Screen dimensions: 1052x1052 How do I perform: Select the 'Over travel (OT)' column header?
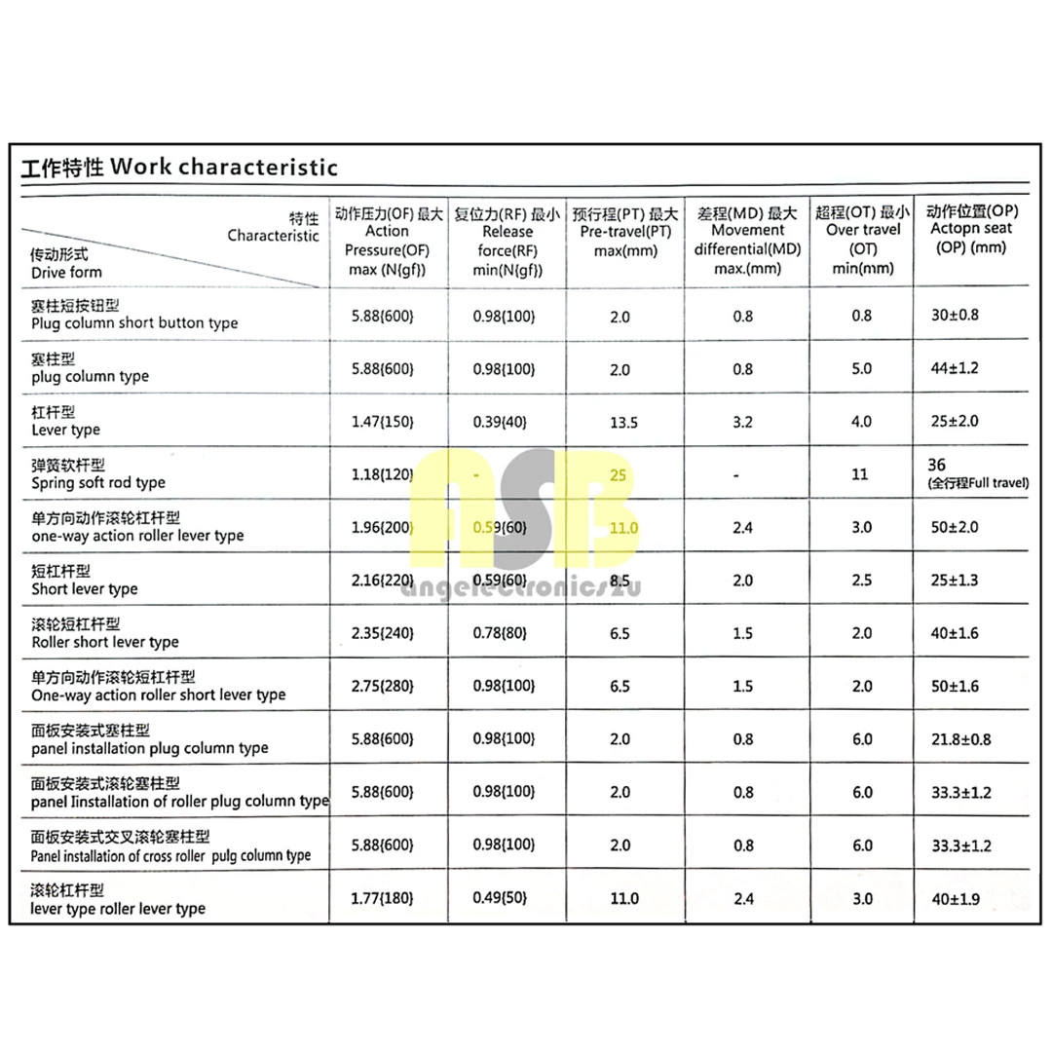[862, 240]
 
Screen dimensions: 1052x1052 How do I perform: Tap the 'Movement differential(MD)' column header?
[747, 240]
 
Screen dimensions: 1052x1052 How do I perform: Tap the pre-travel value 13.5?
[623, 422]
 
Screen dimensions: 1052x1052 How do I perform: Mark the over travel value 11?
[861, 475]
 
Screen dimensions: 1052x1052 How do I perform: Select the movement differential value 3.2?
[742, 422]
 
